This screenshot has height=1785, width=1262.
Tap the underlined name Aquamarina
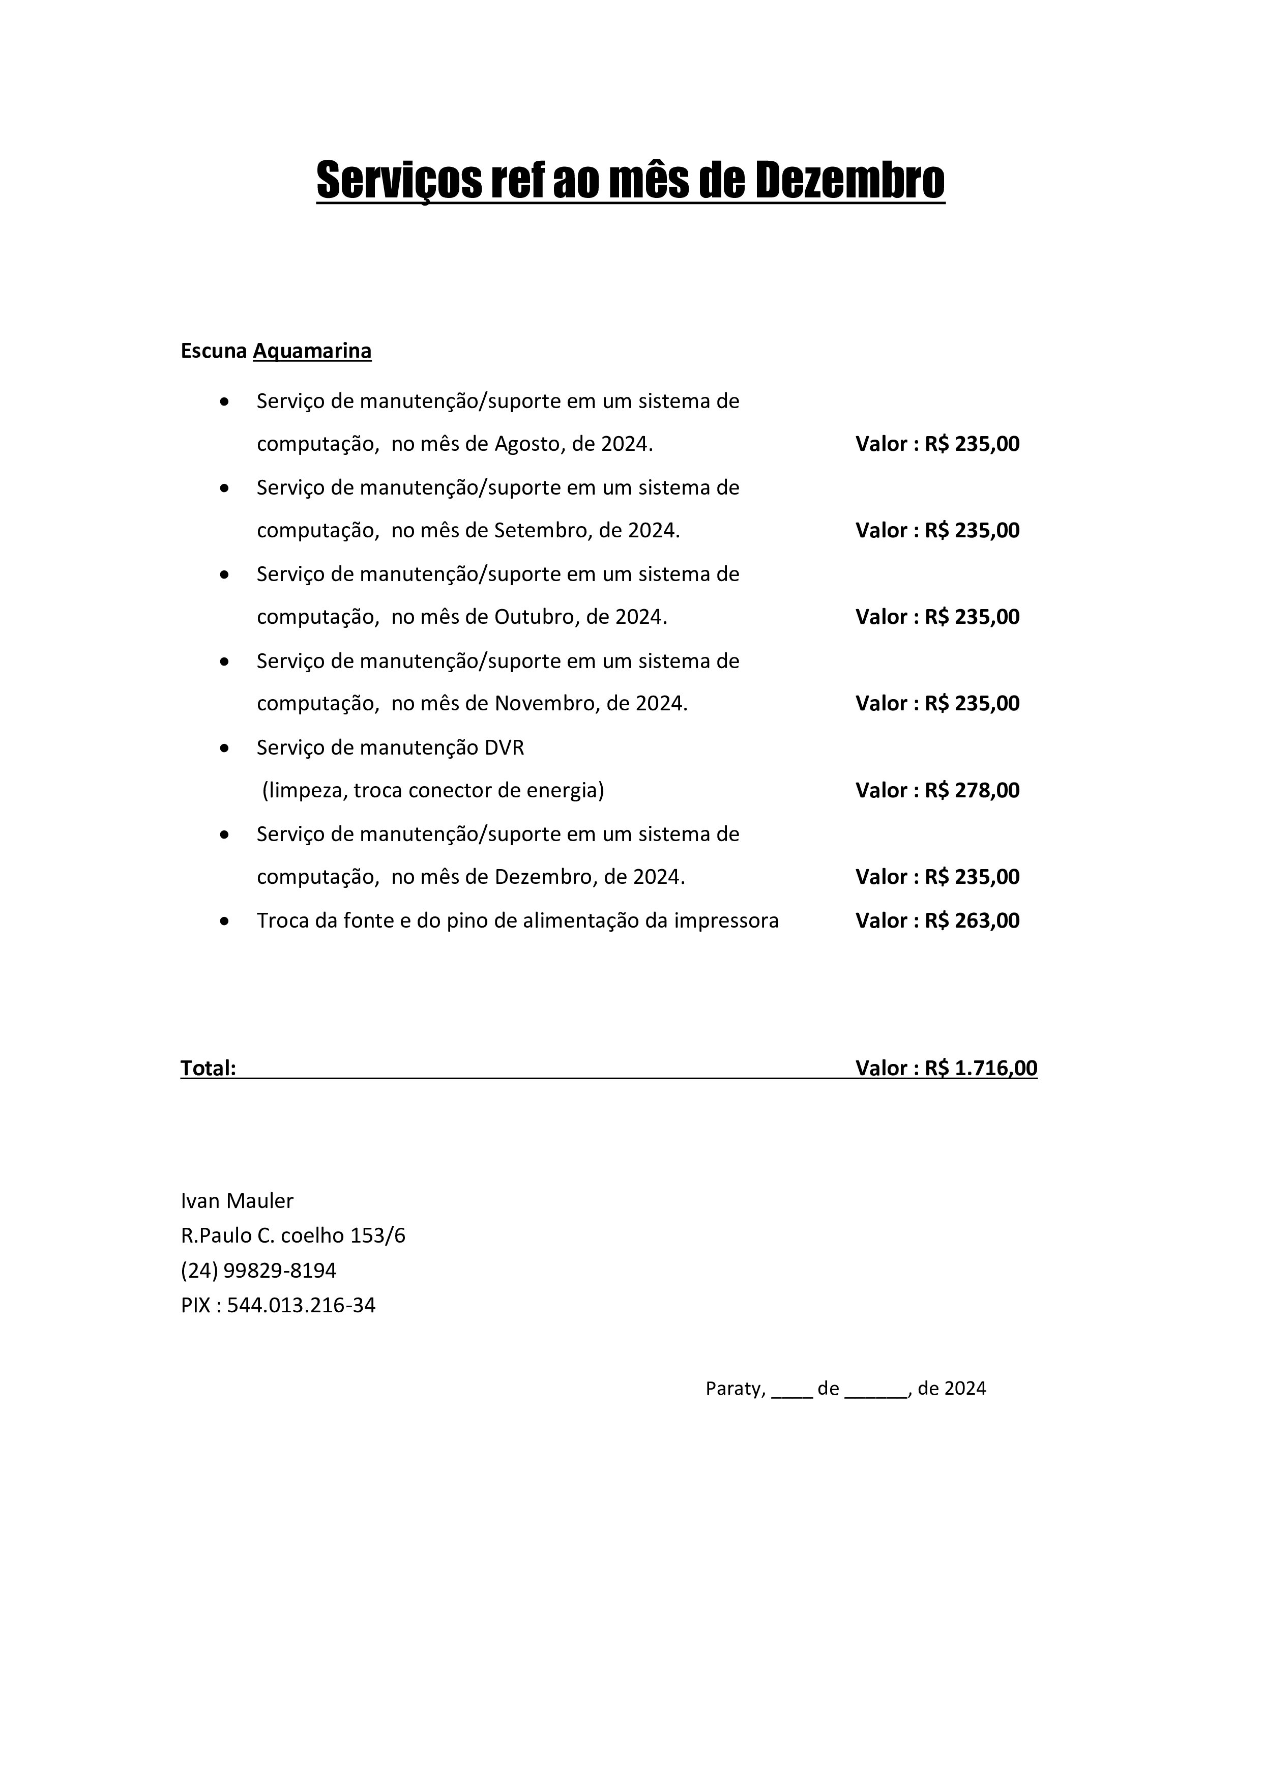(312, 352)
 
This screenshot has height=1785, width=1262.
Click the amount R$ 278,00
(972, 791)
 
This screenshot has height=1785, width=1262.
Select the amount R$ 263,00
(972, 920)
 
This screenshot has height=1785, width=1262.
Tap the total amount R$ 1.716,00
(981, 1068)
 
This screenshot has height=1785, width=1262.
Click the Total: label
(208, 1068)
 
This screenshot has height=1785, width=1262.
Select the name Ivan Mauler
(237, 1201)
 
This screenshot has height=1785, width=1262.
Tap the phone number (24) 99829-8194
(259, 1271)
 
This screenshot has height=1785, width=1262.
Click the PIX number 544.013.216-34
(301, 1305)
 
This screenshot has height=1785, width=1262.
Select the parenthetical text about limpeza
(433, 791)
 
